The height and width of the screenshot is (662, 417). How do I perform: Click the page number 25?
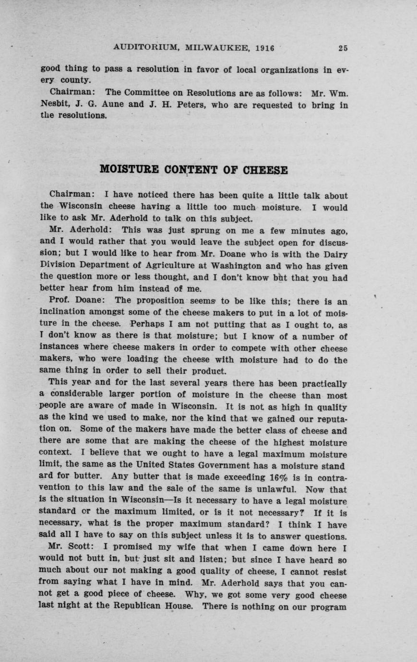[x=343, y=48]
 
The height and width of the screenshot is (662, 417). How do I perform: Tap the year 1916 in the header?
[x=264, y=48]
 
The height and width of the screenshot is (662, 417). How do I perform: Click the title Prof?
[x=60, y=301]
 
